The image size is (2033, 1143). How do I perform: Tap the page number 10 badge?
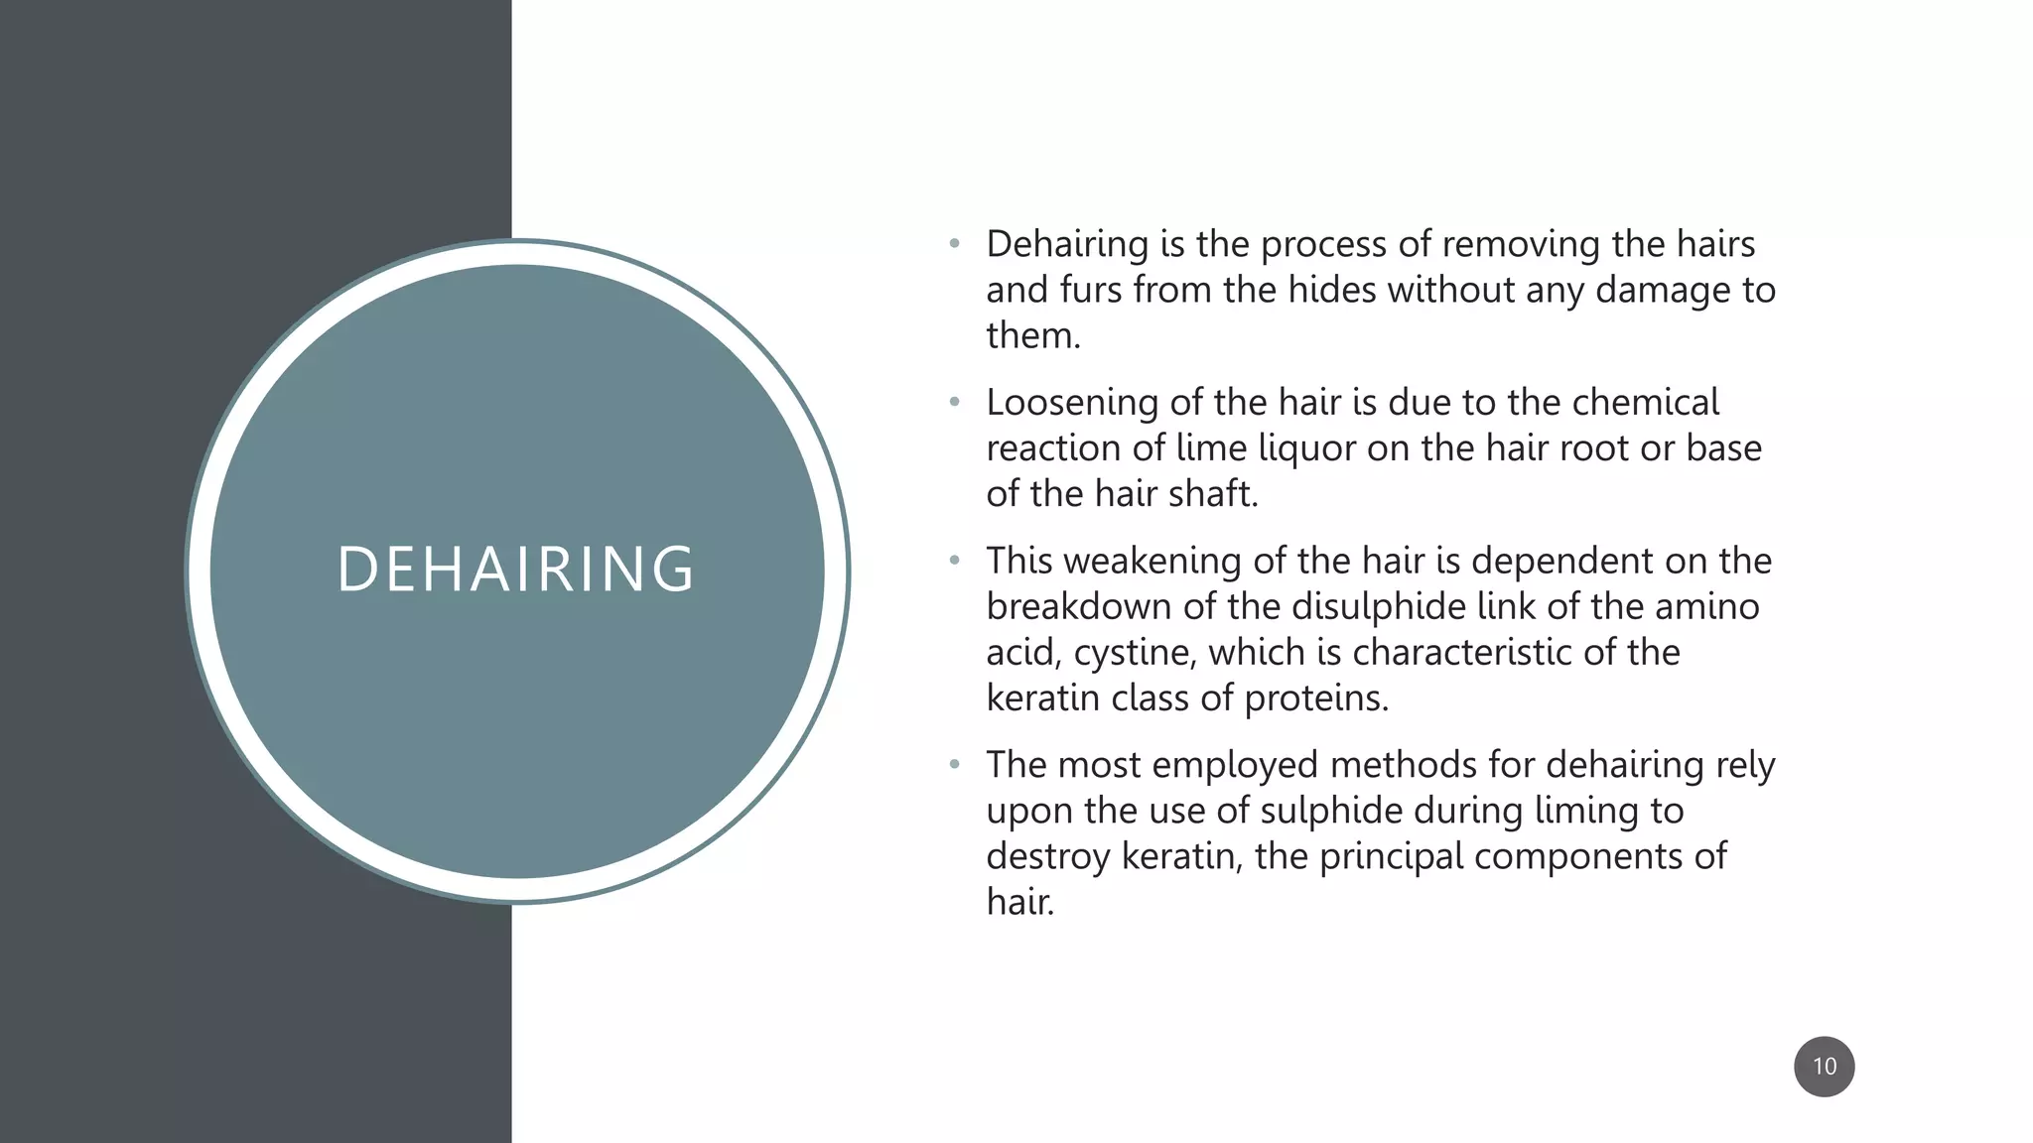click(x=1824, y=1067)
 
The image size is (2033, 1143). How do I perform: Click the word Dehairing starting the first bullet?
click(x=1067, y=245)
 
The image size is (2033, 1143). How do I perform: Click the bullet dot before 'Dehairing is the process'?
click(x=955, y=244)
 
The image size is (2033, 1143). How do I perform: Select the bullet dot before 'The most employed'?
click(x=955, y=765)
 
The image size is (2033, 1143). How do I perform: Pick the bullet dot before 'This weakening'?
click(x=955, y=562)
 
